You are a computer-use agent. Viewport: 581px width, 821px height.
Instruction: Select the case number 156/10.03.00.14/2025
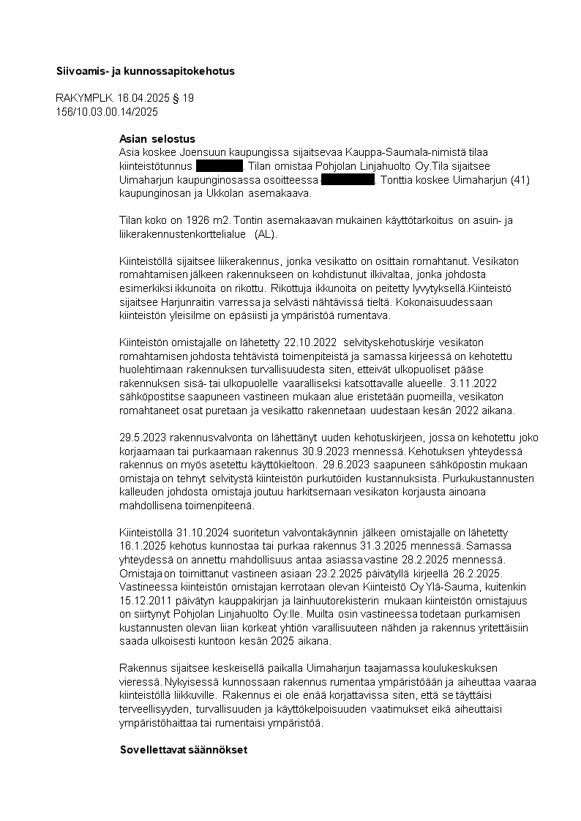coord(107,112)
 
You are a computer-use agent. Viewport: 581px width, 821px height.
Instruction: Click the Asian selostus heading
coord(157,139)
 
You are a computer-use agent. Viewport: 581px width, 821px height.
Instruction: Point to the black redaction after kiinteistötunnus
coord(219,166)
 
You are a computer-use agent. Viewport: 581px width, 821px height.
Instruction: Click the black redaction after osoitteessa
coord(348,180)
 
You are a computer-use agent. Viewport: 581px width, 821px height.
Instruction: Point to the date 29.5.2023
coord(141,437)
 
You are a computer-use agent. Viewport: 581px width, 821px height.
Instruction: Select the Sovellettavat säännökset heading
coord(184,750)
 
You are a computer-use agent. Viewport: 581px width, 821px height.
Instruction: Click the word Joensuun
coord(201,152)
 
